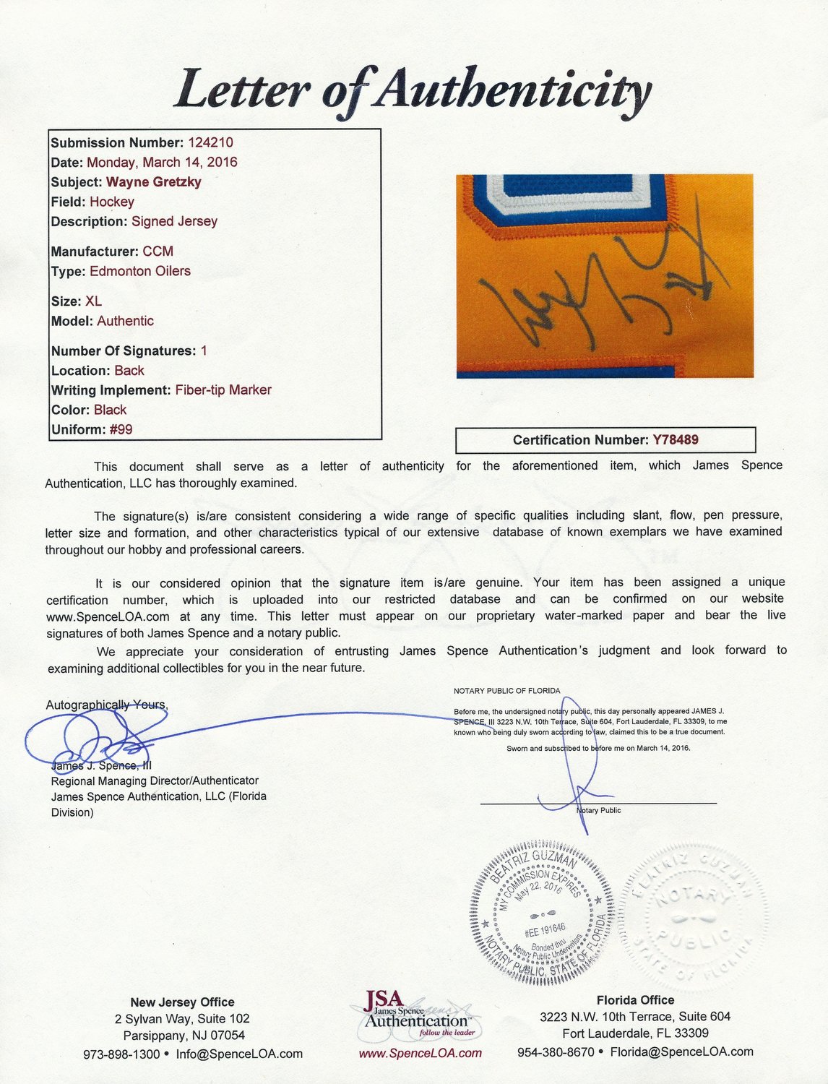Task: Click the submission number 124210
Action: click(x=210, y=142)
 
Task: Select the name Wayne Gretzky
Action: click(x=153, y=182)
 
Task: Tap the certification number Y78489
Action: click(x=676, y=439)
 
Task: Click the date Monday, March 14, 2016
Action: click(x=162, y=162)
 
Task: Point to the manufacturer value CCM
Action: click(x=158, y=251)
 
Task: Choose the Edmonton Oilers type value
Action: click(x=140, y=271)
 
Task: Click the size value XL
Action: click(x=93, y=301)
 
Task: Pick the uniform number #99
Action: click(x=121, y=429)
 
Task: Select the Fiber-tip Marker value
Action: click(x=223, y=390)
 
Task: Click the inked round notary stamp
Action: click(x=542, y=912)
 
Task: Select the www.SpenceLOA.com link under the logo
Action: click(x=420, y=1053)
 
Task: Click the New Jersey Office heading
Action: click(x=182, y=1002)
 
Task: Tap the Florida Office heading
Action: click(x=635, y=1000)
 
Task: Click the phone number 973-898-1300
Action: click(x=121, y=1054)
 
